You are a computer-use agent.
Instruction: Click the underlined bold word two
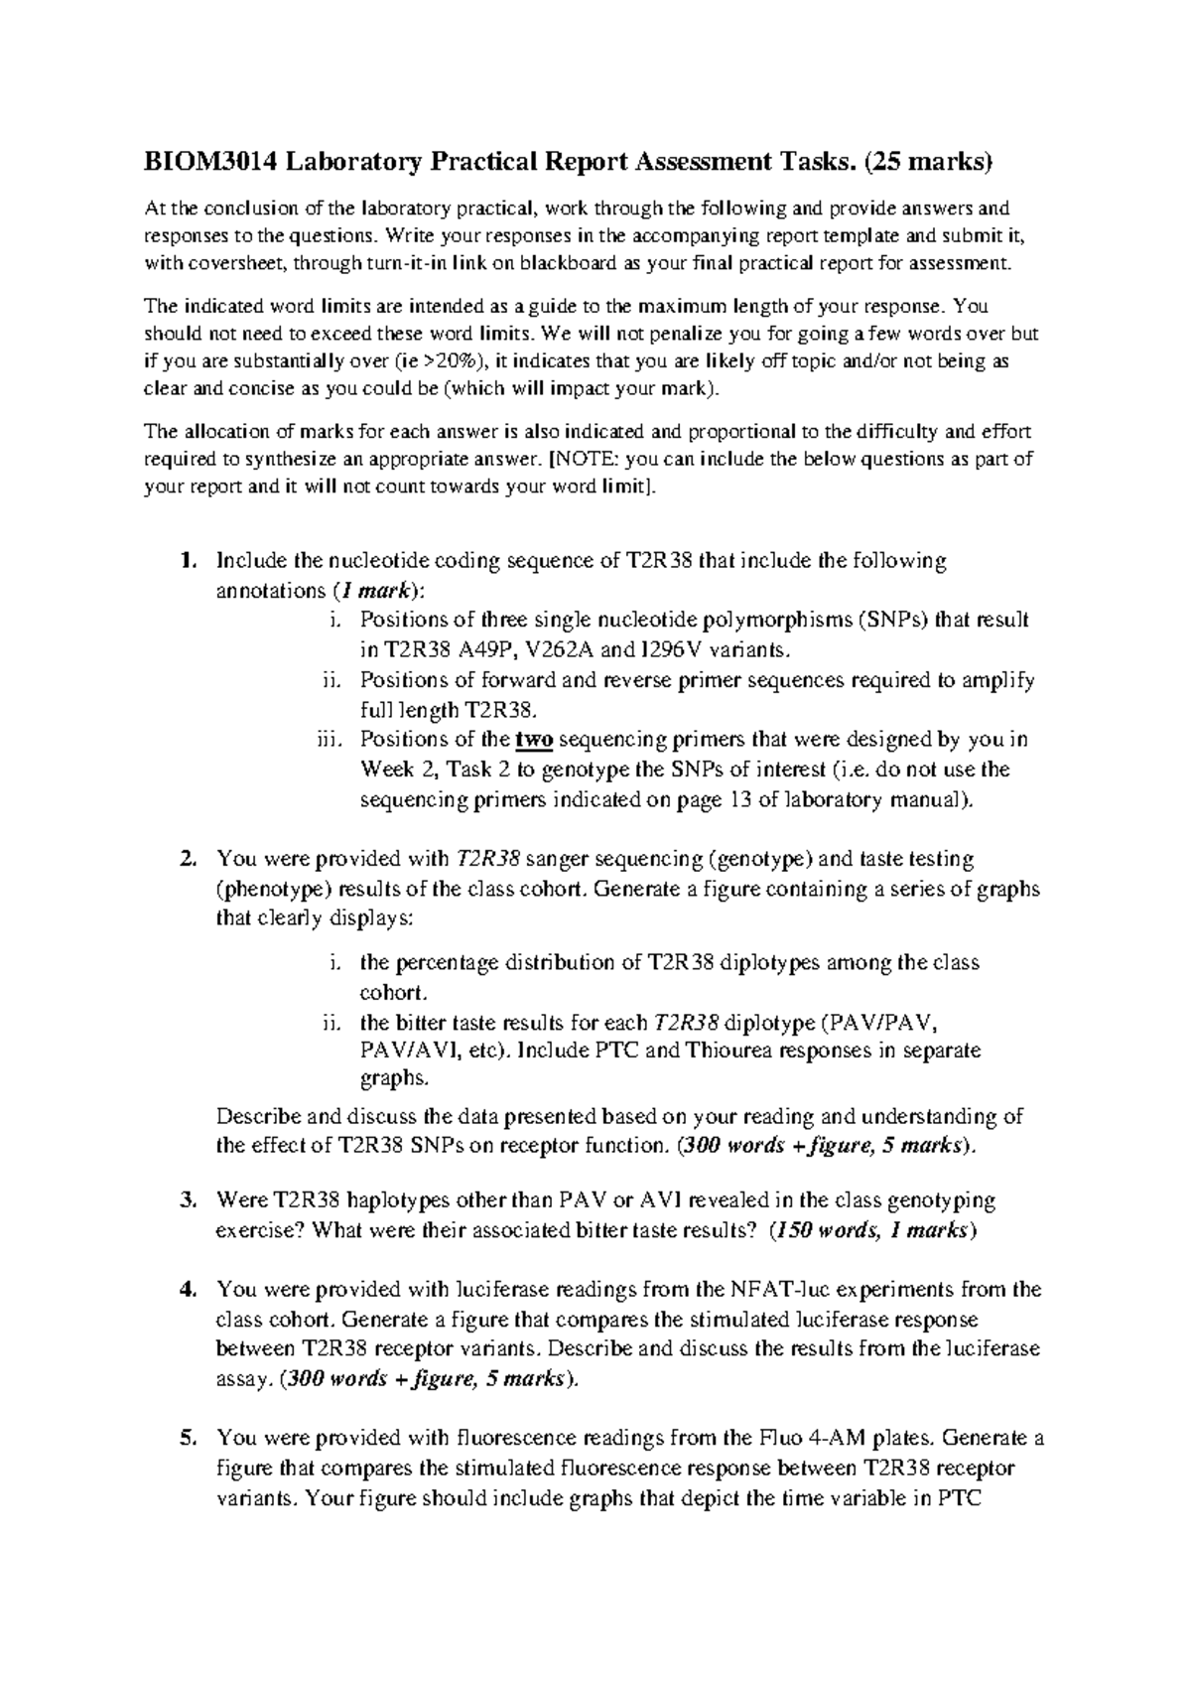click(534, 740)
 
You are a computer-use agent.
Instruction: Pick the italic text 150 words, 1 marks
click(873, 1230)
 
